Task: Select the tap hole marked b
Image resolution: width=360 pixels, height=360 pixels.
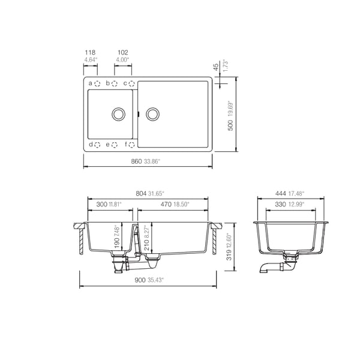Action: pyautogui.click(x=114, y=83)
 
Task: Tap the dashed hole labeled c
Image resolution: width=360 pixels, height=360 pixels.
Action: pyautogui.click(x=131, y=83)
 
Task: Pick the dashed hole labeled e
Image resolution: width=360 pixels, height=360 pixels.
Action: pyautogui.click(x=114, y=145)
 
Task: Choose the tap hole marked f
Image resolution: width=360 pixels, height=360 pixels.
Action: pyautogui.click(x=131, y=145)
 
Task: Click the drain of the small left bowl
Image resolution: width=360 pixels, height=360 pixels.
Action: pyautogui.click(x=119, y=113)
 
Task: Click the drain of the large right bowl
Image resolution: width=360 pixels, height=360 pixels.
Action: pyautogui.click(x=153, y=113)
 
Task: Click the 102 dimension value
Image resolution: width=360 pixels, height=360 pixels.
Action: pyautogui.click(x=122, y=53)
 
